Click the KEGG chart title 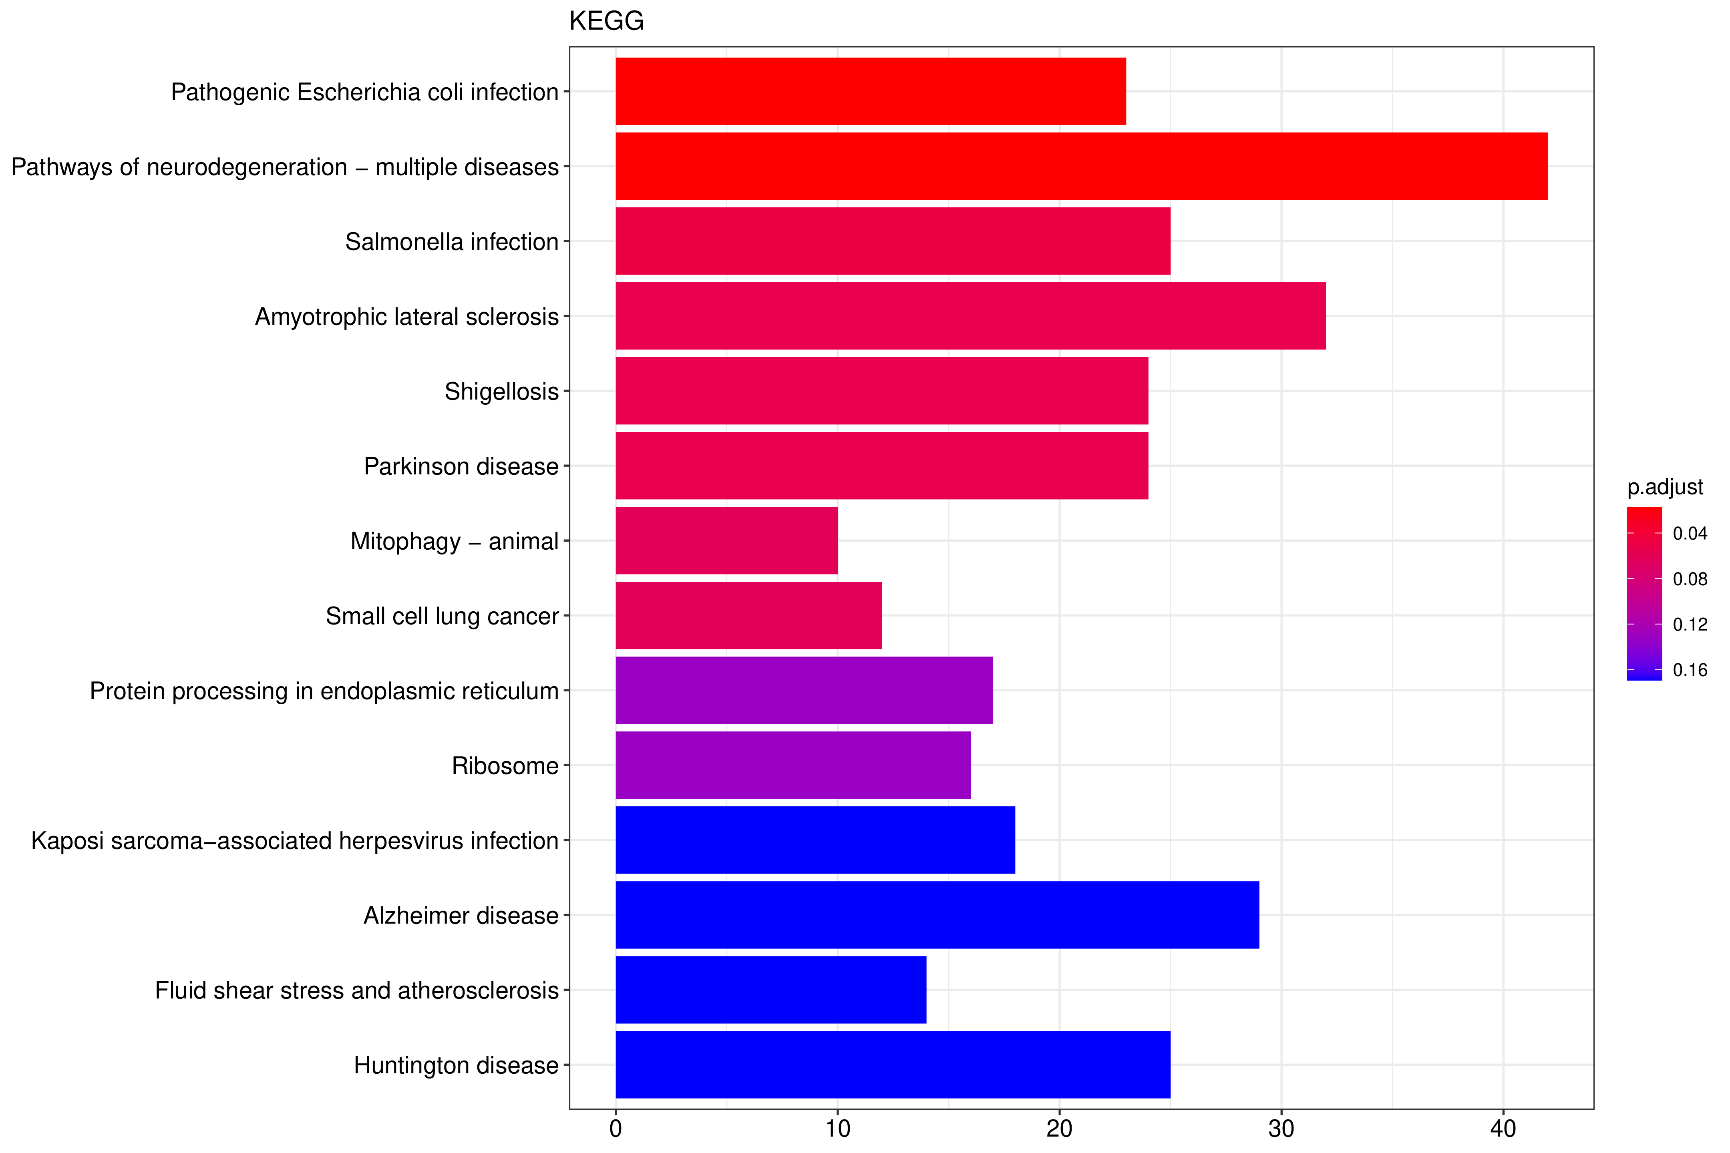(x=606, y=21)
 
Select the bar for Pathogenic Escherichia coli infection (x=870, y=91)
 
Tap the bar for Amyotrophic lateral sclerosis (x=970, y=316)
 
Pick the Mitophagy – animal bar (x=726, y=540)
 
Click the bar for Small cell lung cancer (x=748, y=615)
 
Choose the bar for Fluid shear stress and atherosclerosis (x=770, y=990)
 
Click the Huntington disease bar (x=892, y=1065)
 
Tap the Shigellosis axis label (x=501, y=391)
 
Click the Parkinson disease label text (x=461, y=466)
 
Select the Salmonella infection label (x=452, y=242)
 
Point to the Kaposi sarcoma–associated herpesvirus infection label (x=294, y=840)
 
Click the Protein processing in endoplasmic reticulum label (x=324, y=691)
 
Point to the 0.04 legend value (x=1690, y=534)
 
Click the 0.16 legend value (x=1690, y=670)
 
